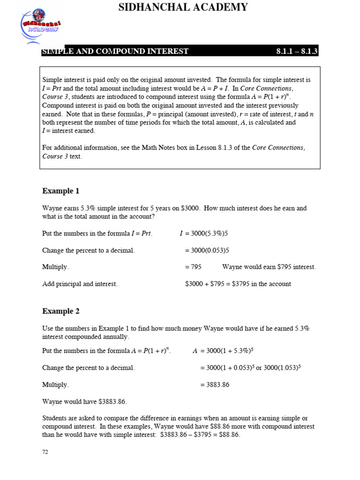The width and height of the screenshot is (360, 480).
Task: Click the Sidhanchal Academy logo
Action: coord(40,25)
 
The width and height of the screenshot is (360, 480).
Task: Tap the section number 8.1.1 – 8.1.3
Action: coord(297,51)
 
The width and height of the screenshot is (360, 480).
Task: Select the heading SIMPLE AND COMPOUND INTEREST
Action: coord(115,51)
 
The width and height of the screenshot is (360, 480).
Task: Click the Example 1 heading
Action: coord(61,191)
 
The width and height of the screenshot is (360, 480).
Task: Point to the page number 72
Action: coord(45,452)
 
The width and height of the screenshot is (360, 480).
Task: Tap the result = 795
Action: coord(193,267)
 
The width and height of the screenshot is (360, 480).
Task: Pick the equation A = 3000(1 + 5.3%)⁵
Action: coord(223,351)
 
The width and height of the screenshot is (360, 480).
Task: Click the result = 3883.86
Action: coord(215,384)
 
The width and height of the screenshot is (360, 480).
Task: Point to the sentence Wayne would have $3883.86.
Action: coord(84,401)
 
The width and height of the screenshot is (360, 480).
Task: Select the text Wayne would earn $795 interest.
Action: coord(269,267)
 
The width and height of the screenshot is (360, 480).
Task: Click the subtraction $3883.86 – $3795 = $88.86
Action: coord(200,435)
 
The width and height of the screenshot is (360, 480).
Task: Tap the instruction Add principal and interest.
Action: coord(80,284)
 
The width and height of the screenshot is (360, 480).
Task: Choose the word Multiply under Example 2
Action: coord(55,384)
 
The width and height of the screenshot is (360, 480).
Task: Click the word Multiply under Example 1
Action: coord(55,267)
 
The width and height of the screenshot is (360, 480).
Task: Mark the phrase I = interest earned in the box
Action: coord(68,131)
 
